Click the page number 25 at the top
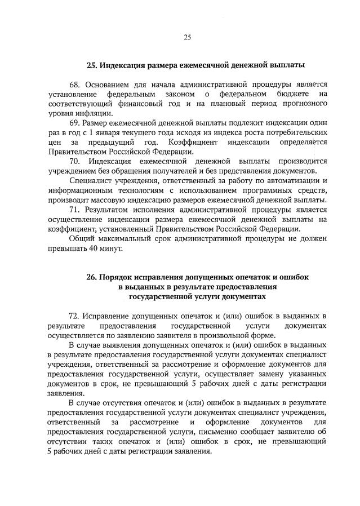tap(187, 38)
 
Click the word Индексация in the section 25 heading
tap(122, 65)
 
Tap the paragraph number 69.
tap(74, 123)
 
